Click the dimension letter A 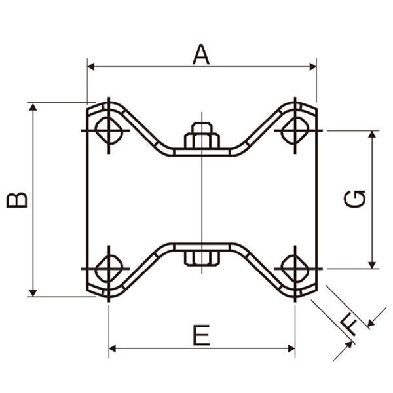201,54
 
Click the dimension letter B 17,200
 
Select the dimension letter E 202,335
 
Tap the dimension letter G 354,199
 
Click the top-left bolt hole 109,130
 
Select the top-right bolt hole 295,130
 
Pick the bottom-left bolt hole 109,269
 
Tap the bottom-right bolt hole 295,269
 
